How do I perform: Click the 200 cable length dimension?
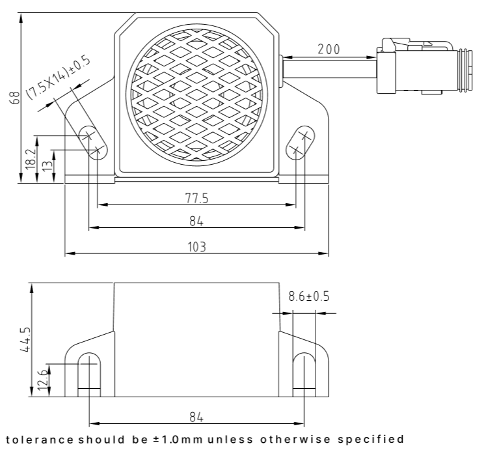(329, 49)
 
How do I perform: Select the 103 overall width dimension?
(196, 246)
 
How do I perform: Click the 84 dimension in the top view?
(196, 221)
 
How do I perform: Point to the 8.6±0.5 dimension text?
(308, 297)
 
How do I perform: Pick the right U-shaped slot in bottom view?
(304, 374)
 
